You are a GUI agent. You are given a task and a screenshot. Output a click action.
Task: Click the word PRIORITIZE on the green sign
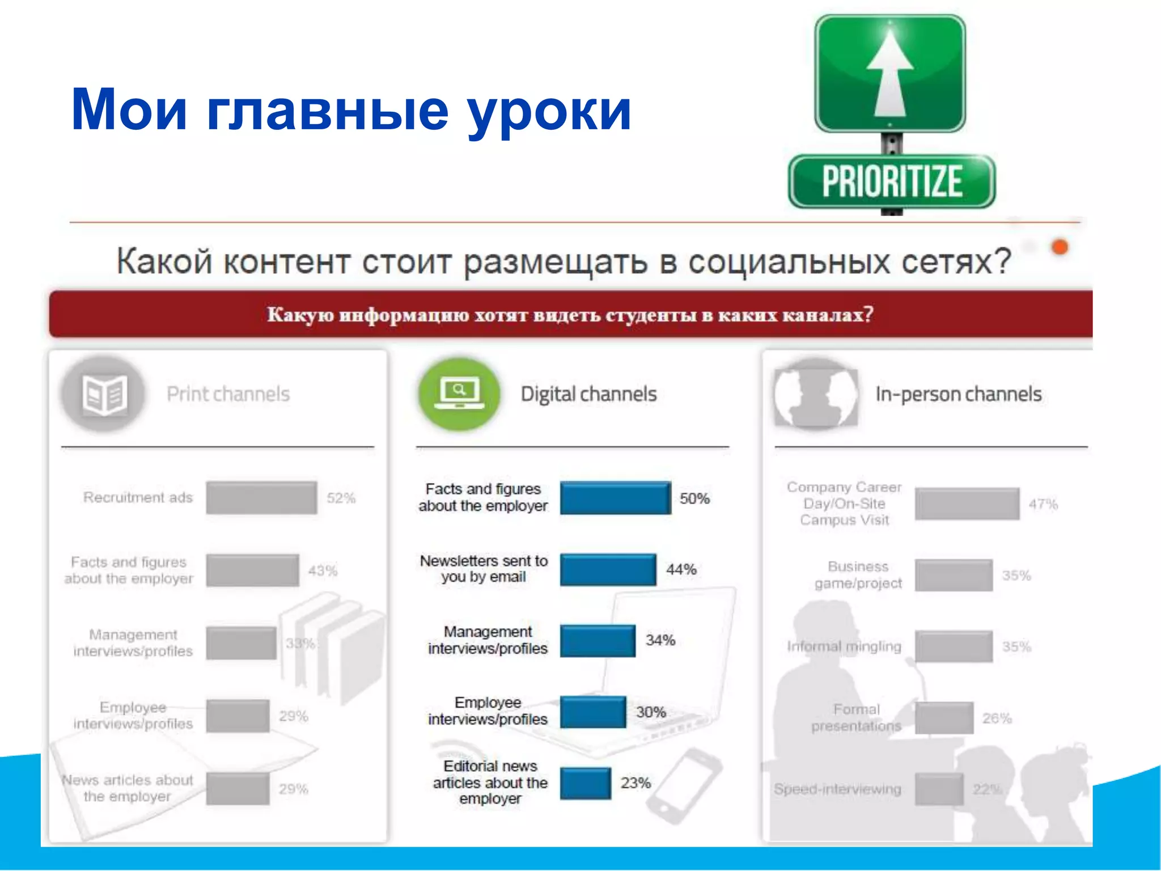(892, 181)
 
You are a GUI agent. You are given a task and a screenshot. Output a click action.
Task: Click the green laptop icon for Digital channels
(459, 394)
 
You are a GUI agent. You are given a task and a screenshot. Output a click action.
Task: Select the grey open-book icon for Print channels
(103, 394)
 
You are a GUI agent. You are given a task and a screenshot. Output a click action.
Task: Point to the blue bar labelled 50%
(615, 498)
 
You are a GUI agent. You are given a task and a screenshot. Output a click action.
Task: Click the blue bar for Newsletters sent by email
(608, 569)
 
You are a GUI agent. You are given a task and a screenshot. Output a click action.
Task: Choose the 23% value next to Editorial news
(635, 783)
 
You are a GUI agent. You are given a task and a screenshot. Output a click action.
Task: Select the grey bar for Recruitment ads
(261, 498)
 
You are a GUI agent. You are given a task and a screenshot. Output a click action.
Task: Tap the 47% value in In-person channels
(1043, 504)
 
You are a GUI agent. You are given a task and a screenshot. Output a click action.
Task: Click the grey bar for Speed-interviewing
(939, 789)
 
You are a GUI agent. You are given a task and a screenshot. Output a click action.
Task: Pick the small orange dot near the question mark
(1060, 247)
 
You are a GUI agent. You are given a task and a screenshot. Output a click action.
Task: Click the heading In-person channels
(958, 394)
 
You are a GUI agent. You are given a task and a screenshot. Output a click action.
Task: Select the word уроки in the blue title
(549, 111)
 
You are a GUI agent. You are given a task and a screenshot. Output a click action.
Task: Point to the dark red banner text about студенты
(570, 315)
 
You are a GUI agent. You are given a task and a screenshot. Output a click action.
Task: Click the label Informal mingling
(844, 646)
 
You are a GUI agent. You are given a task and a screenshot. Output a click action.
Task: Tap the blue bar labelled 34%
(598, 641)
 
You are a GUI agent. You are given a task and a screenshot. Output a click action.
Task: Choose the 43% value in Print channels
(323, 570)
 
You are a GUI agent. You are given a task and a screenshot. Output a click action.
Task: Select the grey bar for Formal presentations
(944, 718)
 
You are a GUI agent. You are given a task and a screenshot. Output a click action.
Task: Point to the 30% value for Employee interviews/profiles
(651, 712)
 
